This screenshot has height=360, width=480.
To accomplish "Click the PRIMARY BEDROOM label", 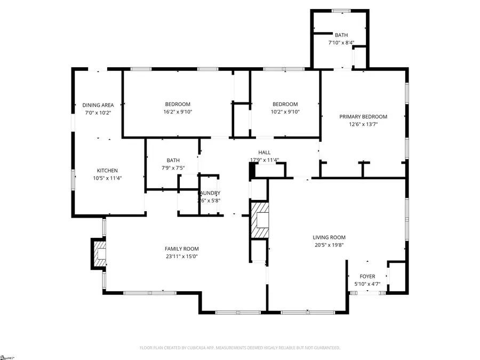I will tap(363, 117).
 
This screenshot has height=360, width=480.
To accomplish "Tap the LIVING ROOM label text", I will tap(329, 238).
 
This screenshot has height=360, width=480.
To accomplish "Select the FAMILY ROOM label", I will tap(181, 249).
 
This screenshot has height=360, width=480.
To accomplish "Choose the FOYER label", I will tap(367, 276).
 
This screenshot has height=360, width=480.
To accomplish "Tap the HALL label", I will tap(265, 153).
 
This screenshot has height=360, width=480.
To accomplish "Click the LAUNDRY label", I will tap(209, 193).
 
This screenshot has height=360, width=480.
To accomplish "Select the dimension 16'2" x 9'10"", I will tap(177, 112).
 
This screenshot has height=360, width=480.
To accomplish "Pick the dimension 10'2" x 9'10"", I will tap(285, 112).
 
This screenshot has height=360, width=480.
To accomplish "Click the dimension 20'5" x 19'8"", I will tap(329, 245).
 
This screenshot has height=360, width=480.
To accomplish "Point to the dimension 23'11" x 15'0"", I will tap(181, 257).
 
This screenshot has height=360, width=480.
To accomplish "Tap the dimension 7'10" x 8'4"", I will tap(341, 43).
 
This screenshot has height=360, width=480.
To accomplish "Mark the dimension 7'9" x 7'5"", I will tap(173, 167).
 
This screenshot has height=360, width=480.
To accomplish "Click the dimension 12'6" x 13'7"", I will tap(363, 124).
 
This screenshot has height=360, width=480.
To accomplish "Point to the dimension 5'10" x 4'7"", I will tap(367, 284).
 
